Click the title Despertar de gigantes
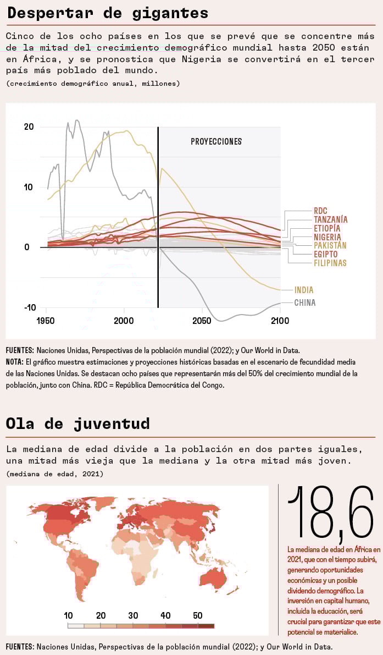click(x=108, y=13)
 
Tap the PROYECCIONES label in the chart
click(x=216, y=141)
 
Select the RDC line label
click(x=320, y=211)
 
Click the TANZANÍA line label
click(x=330, y=219)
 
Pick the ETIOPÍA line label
click(x=327, y=228)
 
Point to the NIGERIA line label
click(x=327, y=237)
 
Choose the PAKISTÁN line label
click(x=330, y=245)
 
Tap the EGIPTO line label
click(x=326, y=254)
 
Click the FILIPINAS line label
click(x=330, y=263)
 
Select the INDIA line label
click(x=304, y=290)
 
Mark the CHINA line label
click(x=304, y=302)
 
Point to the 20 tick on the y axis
click(x=29, y=126)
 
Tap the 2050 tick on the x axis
click(x=202, y=321)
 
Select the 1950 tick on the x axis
click(x=46, y=321)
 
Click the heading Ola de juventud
click(x=77, y=423)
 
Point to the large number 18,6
click(x=330, y=513)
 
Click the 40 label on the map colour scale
click(x=165, y=615)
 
